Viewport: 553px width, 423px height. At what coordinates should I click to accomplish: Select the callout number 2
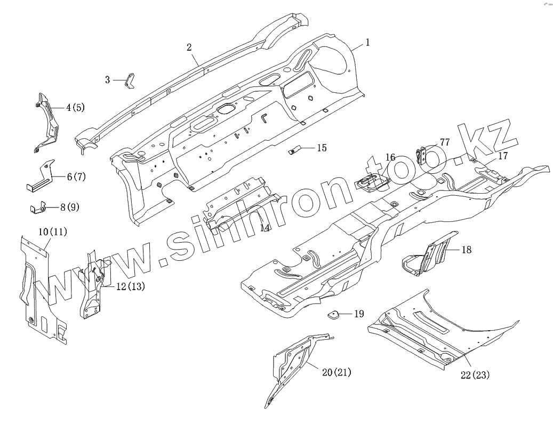coord(189,47)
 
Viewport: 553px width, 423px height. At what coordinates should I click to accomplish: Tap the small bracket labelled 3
coord(130,81)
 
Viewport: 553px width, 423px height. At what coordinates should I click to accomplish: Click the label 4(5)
coord(75,108)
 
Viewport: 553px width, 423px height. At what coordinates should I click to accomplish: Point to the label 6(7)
coord(76,177)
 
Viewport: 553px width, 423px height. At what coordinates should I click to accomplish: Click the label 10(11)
coord(53,232)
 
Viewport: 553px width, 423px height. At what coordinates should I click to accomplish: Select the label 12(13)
coord(130,286)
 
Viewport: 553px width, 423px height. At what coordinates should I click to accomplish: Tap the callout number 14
coord(265,228)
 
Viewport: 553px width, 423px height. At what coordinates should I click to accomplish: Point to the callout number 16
coord(390,157)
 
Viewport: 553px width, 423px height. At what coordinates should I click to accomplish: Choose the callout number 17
coord(503,156)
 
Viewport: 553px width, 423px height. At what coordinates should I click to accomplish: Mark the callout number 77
coord(445,143)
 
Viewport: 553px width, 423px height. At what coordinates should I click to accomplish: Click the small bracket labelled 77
coord(422,155)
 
